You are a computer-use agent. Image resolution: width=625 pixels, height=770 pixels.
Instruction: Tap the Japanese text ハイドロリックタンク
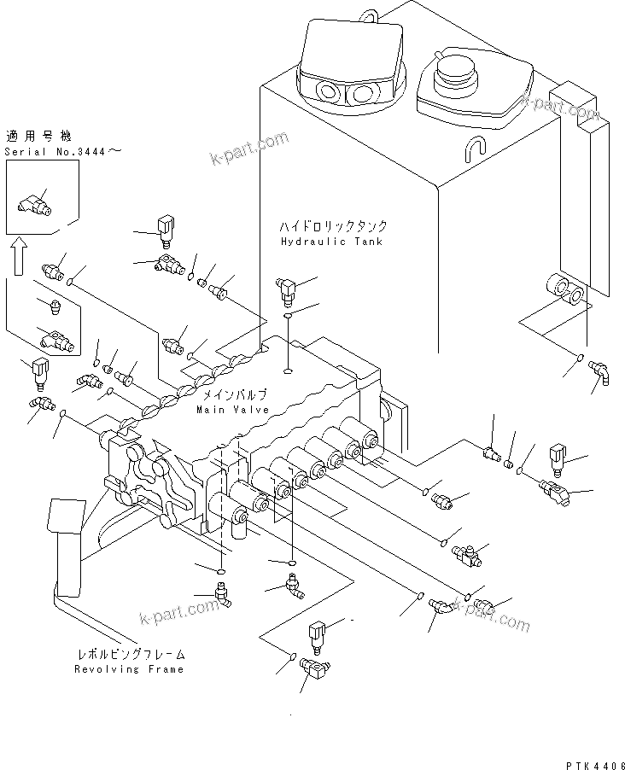click(333, 226)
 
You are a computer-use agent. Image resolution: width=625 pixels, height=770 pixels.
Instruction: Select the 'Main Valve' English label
click(232, 410)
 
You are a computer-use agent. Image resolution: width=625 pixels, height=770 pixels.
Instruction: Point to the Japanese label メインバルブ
click(232, 394)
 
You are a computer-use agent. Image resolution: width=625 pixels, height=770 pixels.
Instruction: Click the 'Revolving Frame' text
click(130, 670)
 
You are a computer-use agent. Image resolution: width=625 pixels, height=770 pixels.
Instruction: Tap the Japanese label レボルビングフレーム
click(131, 655)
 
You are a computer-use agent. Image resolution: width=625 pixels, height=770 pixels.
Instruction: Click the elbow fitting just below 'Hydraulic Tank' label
click(287, 291)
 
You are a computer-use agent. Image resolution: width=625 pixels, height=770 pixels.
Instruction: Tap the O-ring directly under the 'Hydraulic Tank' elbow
click(289, 318)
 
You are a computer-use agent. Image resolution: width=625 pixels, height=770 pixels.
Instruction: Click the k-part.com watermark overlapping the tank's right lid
click(560, 108)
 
